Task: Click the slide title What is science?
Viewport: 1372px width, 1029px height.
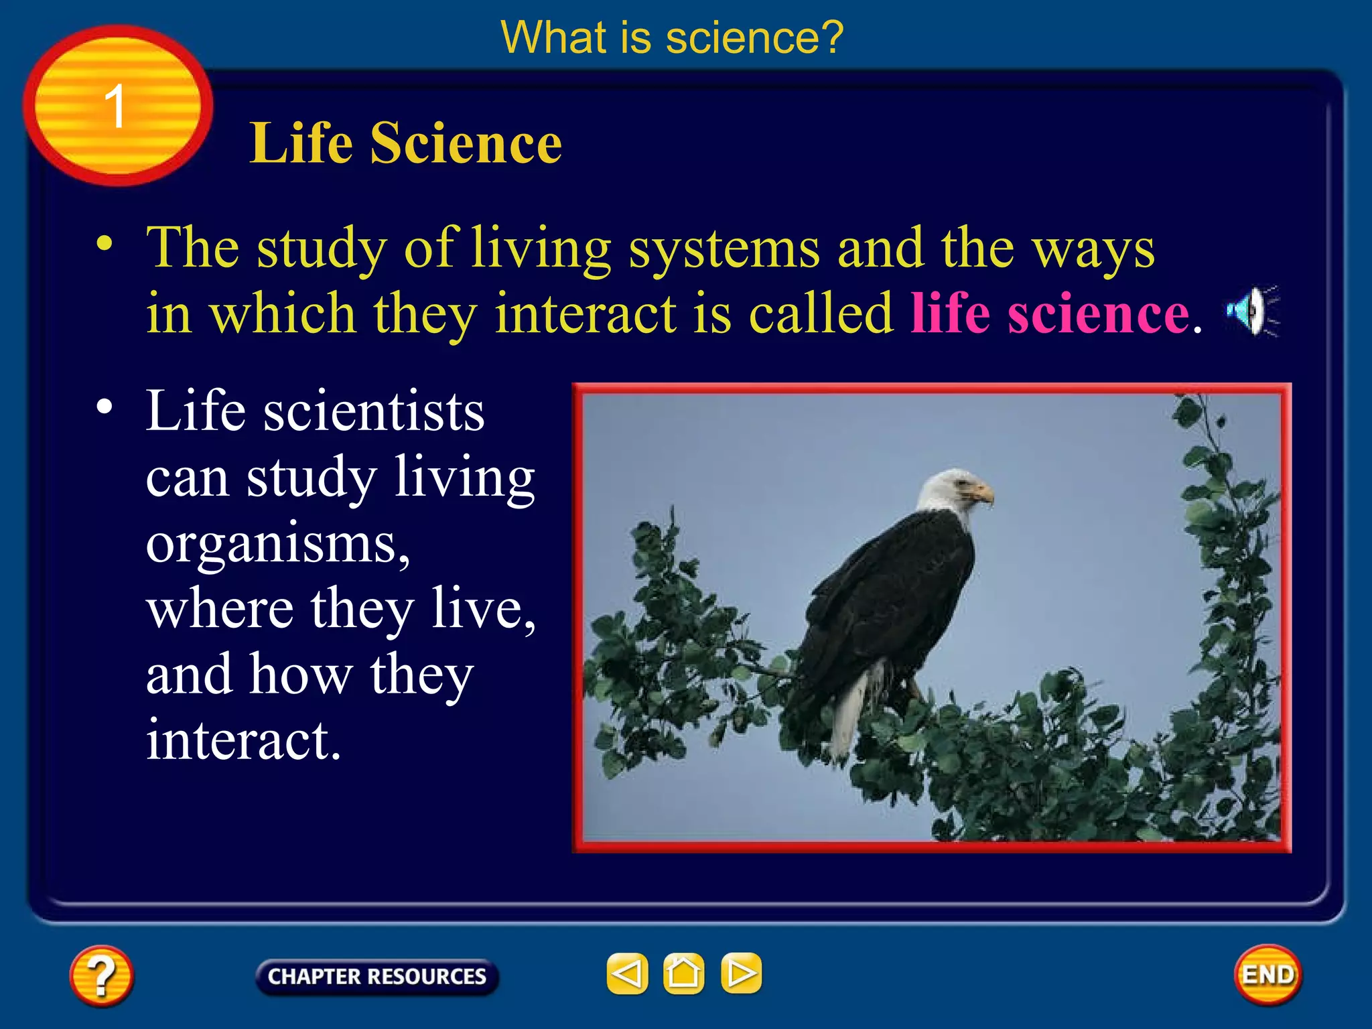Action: click(x=672, y=38)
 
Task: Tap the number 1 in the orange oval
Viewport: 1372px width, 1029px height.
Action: click(x=115, y=107)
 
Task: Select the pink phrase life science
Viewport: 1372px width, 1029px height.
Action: click(x=1050, y=313)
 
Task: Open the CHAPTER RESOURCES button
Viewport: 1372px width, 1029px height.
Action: click(x=377, y=976)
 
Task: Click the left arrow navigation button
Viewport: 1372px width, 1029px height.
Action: click(x=627, y=973)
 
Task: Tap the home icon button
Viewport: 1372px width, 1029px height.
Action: click(x=683, y=973)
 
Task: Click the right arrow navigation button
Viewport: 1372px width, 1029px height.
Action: click(x=741, y=973)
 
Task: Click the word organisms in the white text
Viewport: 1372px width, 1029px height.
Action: click(x=277, y=544)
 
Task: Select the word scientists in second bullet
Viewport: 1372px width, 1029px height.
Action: click(x=373, y=411)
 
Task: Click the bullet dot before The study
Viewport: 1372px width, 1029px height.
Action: click(x=105, y=244)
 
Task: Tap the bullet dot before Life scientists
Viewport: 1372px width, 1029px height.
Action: click(x=105, y=407)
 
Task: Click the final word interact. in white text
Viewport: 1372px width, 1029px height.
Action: click(x=244, y=741)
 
